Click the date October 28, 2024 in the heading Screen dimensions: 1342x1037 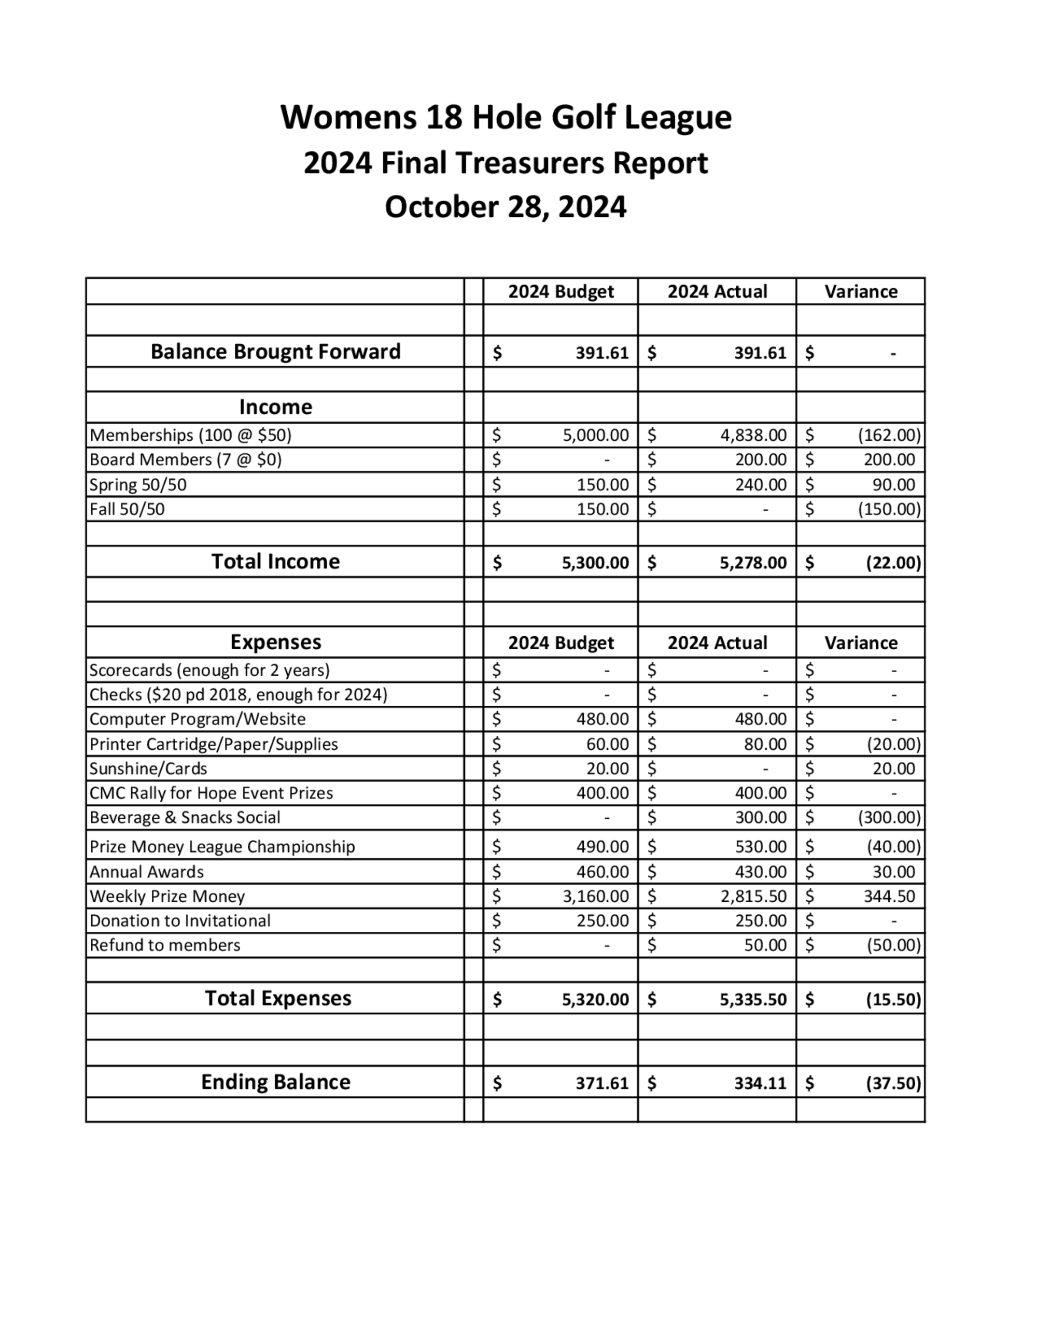point(505,207)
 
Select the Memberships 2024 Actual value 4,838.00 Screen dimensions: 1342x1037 point(753,435)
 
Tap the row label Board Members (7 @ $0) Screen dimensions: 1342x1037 point(186,459)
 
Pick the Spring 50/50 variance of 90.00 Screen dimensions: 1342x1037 point(893,485)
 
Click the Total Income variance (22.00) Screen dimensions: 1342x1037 point(893,562)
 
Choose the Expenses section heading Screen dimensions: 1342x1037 point(275,642)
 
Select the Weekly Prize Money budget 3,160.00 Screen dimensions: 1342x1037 point(595,896)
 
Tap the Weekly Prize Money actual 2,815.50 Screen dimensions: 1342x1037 point(753,896)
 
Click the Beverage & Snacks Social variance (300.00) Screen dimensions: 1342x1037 point(889,817)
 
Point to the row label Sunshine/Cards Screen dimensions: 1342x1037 point(148,768)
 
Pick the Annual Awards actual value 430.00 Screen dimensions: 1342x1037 point(761,871)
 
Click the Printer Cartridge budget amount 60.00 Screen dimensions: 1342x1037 point(607,744)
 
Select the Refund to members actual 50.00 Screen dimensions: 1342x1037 point(765,945)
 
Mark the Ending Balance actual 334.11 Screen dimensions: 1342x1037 point(760,1083)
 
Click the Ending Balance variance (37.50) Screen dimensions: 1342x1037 point(893,1083)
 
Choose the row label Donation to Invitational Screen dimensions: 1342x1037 point(180,920)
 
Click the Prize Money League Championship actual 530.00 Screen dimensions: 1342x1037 point(761,847)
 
